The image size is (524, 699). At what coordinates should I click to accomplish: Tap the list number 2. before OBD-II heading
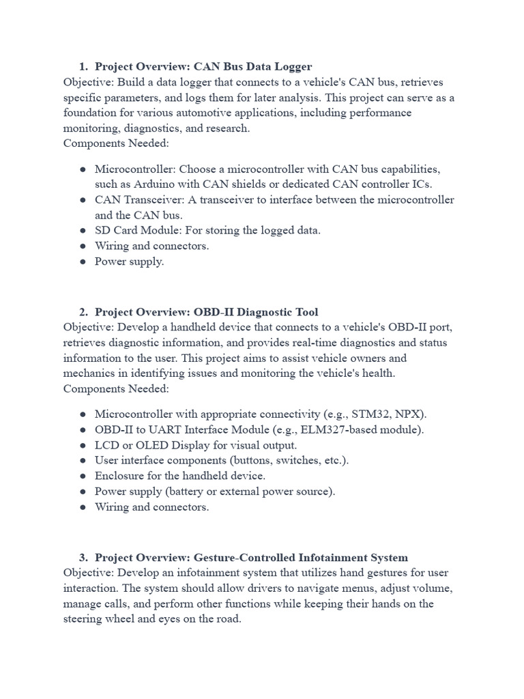click(83, 312)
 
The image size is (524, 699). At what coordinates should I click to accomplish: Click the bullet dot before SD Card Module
click(83, 230)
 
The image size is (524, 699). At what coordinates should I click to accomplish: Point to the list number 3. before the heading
click(83, 558)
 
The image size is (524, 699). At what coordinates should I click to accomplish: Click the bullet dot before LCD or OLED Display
click(83, 445)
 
